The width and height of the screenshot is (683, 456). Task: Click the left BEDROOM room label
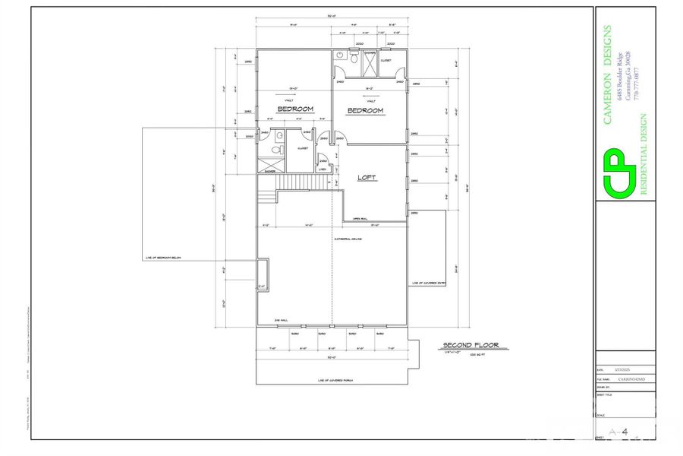pyautogui.click(x=295, y=109)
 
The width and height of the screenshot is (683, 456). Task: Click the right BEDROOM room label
pyautogui.click(x=365, y=111)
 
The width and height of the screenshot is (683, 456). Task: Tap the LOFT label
pyautogui.click(x=367, y=178)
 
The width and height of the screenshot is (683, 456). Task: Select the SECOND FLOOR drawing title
pyautogui.click(x=471, y=346)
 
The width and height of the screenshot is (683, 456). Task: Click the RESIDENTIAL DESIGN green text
pyautogui.click(x=644, y=156)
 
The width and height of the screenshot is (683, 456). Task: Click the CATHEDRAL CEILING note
pyautogui.click(x=348, y=239)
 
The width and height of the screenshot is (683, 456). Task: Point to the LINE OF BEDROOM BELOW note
pyautogui.click(x=163, y=258)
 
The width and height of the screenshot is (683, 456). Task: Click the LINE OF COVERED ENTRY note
pyautogui.click(x=429, y=283)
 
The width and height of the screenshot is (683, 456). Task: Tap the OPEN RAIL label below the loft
pyautogui.click(x=360, y=219)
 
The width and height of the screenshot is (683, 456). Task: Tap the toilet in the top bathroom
pyautogui.click(x=354, y=58)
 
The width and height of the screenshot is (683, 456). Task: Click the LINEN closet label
pyautogui.click(x=323, y=169)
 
